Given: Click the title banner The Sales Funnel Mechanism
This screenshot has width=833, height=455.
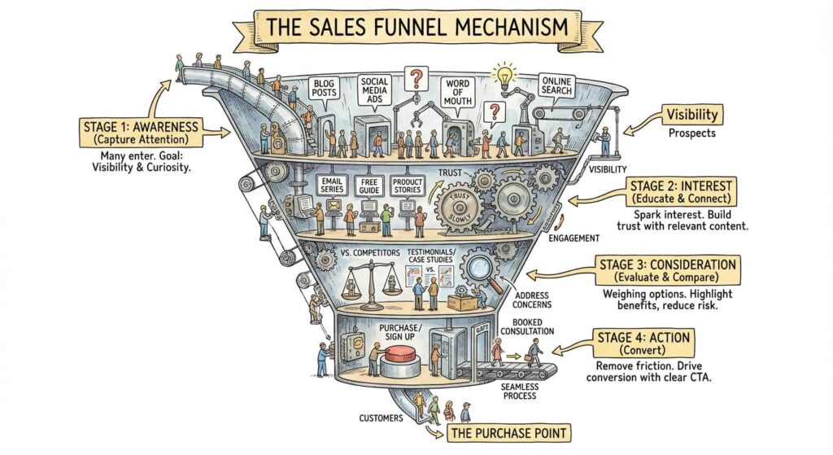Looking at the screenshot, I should point(416,26).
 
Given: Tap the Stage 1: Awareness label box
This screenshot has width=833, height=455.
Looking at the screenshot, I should point(142,133).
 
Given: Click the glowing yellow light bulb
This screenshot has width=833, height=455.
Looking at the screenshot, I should point(504,75).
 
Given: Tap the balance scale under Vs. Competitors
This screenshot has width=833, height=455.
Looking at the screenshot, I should point(363,286).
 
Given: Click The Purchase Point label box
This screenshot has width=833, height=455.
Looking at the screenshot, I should point(499,433).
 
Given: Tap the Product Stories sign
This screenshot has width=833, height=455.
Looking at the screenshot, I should point(407,187).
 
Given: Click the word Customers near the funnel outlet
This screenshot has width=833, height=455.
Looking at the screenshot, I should point(382,418).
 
